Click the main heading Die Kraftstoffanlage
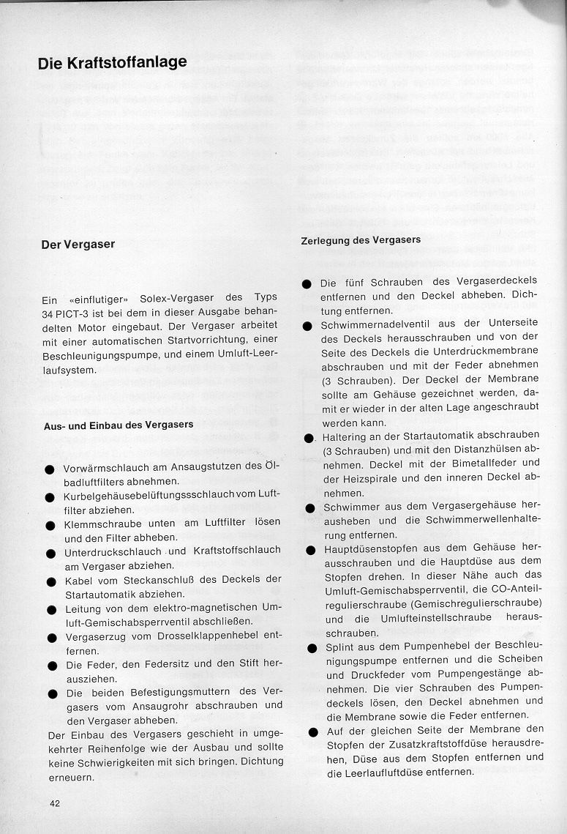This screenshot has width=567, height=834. pyautogui.click(x=112, y=63)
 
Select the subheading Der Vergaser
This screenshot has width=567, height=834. pyautogui.click(x=78, y=245)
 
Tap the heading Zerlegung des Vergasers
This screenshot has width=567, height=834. pyautogui.click(x=361, y=240)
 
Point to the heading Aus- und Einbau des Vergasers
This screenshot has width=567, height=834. pyautogui.click(x=117, y=425)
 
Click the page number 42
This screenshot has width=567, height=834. pyautogui.click(x=54, y=803)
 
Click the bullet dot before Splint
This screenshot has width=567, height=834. pyautogui.click(x=310, y=648)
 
